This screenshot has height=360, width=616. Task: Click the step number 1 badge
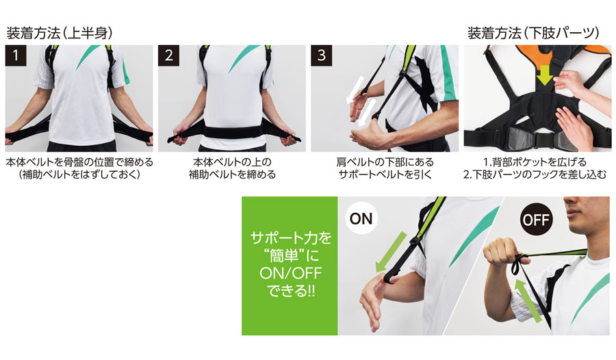16,55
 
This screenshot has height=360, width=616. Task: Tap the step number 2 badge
168,55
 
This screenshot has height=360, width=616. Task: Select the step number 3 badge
322,55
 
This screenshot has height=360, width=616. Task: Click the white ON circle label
361,218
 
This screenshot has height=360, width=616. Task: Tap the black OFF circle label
536,219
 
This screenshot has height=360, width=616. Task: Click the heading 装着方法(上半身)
60,33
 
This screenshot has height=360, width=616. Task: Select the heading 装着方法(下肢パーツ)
533,33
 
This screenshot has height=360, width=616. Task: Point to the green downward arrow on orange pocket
546,75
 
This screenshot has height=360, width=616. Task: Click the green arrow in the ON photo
391,252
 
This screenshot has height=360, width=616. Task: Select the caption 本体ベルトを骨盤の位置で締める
79,162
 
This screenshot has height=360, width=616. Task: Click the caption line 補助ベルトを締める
232,175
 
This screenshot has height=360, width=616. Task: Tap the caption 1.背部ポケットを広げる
535,162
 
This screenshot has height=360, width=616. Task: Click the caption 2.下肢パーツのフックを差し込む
535,175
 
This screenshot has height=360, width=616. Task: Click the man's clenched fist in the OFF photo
500,255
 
